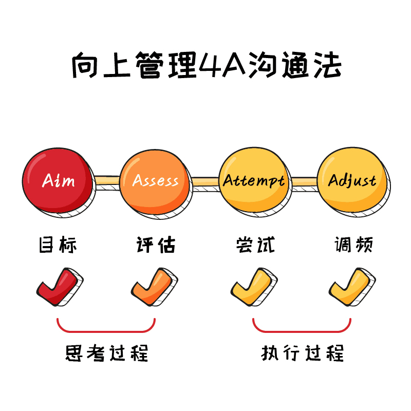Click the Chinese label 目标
point(58,245)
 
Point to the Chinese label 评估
point(156,245)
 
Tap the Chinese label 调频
point(353,245)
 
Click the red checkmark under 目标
point(58,287)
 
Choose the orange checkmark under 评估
point(155,287)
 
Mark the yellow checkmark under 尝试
point(253,287)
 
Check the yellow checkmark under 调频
point(351,287)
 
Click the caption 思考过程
point(106,353)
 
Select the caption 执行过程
point(303,353)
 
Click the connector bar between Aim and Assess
point(106,180)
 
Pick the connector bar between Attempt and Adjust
point(303,180)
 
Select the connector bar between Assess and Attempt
point(204,181)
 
